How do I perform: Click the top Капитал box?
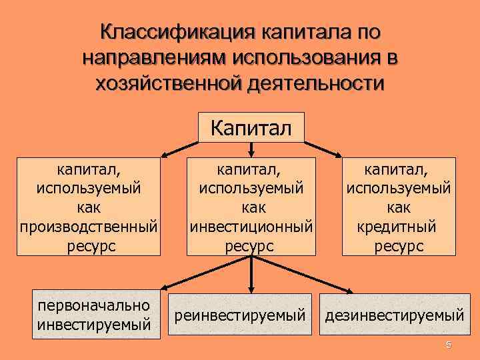[251, 127]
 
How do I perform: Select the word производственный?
[89, 227]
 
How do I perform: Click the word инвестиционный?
[251, 227]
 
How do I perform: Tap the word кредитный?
[399, 227]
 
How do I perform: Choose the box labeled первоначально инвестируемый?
[94, 315]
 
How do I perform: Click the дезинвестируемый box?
[395, 314]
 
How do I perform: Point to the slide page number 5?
[449, 345]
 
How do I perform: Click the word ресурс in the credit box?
[399, 246]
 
